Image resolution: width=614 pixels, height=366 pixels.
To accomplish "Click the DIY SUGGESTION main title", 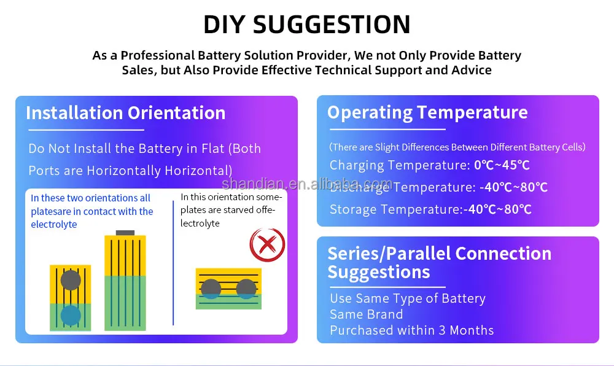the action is (307, 25).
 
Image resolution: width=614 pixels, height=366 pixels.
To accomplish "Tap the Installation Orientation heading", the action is (126, 113).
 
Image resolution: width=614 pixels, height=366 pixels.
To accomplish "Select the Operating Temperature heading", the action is (427, 113).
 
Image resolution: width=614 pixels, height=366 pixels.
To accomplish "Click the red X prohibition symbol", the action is (268, 244).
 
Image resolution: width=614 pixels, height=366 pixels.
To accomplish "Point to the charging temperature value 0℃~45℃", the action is (502, 165).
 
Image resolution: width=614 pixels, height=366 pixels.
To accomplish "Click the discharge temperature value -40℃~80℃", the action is (513, 187).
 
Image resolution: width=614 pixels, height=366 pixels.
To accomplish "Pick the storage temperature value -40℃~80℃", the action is (497, 209).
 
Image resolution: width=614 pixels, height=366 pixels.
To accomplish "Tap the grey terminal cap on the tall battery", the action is (125, 233).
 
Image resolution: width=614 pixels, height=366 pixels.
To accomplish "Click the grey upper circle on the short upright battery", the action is (71, 280).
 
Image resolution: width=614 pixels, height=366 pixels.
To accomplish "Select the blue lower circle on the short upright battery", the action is (71, 316).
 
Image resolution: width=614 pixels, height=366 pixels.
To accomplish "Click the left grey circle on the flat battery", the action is (211, 289).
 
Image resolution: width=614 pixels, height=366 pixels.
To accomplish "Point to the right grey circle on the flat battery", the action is (246, 289).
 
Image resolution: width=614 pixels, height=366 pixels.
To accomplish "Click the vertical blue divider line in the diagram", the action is (173, 263).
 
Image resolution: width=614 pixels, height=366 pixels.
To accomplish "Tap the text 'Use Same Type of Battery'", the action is (408, 298).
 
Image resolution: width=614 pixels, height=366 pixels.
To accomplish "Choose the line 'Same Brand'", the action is (366, 314).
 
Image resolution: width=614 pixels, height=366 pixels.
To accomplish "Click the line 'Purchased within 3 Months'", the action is (411, 330).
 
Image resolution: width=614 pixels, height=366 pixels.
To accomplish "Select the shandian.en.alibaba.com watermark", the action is (307, 184).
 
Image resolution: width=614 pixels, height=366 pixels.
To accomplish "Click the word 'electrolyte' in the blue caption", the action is (54, 225).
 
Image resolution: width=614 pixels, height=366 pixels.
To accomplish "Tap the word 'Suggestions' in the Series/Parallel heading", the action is (379, 272).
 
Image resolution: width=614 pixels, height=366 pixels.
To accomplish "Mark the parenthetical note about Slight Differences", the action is (457, 147).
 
